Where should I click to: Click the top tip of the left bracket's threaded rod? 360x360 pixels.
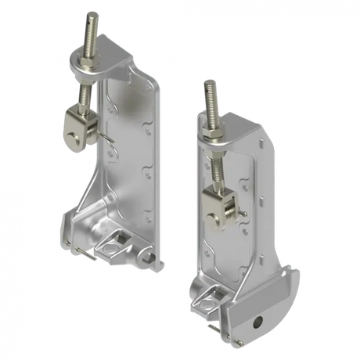pos(92,13)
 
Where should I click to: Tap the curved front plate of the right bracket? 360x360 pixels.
pos(266,309)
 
